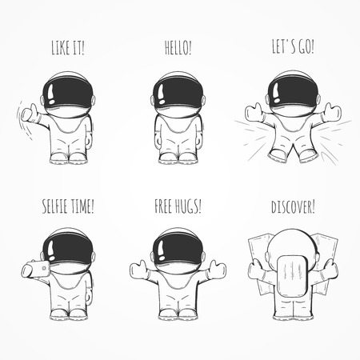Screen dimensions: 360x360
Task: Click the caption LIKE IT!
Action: (x=68, y=47)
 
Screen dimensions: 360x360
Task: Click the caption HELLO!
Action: (x=178, y=47)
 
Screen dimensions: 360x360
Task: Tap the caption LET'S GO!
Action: (x=293, y=46)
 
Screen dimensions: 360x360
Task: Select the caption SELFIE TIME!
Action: (x=68, y=206)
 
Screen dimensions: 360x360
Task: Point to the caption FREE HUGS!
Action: (x=178, y=206)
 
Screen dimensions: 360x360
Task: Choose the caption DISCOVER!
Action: (x=293, y=206)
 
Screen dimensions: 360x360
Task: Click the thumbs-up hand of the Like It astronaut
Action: (x=30, y=114)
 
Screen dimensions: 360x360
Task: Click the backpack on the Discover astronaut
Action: (x=293, y=276)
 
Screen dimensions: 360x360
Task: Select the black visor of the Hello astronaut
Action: (x=178, y=94)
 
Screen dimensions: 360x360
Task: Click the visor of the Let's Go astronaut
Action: (x=293, y=92)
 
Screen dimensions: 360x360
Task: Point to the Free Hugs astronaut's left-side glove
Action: (x=139, y=270)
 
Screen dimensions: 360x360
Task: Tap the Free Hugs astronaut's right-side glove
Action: (x=218, y=269)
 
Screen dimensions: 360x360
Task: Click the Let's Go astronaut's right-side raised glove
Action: (x=332, y=112)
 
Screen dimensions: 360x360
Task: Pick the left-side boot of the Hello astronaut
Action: (x=168, y=158)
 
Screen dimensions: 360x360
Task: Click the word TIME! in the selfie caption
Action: (x=83, y=206)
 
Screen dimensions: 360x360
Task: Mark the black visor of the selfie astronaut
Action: (x=68, y=250)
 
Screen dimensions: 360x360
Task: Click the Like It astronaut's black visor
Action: (x=68, y=94)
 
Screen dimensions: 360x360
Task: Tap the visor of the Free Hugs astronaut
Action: (x=178, y=250)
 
